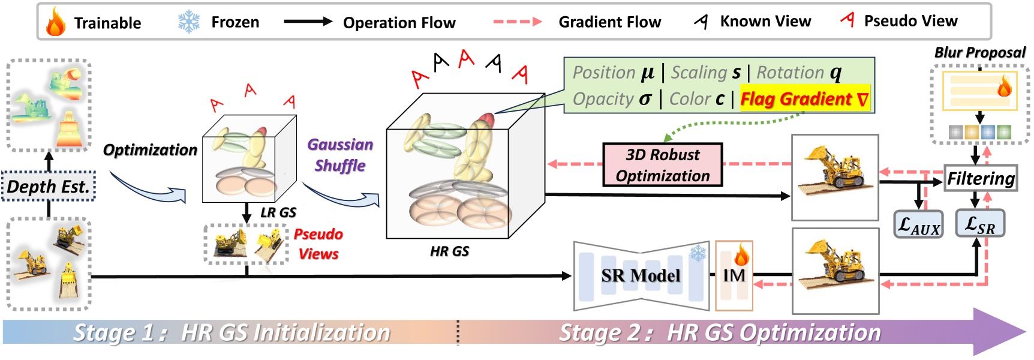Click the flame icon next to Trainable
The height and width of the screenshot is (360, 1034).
click(55, 22)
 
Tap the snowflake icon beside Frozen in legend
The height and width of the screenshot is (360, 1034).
click(189, 22)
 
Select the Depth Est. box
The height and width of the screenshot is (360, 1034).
click(49, 187)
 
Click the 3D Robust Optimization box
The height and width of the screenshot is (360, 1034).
click(662, 165)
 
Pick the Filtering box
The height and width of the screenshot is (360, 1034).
click(981, 178)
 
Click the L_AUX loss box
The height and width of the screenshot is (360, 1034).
click(918, 225)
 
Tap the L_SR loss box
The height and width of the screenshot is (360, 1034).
click(979, 224)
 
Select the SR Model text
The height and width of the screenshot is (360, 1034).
click(640, 275)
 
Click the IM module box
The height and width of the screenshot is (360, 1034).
click(734, 275)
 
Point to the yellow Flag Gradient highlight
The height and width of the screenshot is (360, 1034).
click(804, 99)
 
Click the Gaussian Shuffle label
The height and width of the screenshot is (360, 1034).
click(340, 155)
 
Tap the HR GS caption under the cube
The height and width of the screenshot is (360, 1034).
click(449, 251)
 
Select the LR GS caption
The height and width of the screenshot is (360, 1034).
click(278, 212)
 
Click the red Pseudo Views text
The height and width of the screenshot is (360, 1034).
click(318, 244)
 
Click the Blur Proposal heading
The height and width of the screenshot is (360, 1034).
click(979, 53)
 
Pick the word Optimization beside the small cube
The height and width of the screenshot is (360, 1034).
click(150, 149)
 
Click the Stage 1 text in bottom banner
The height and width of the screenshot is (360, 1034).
click(231, 332)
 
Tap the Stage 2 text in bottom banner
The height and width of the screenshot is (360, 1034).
click(719, 332)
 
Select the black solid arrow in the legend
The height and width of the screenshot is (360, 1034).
click(308, 22)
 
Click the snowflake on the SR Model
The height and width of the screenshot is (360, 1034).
click(698, 254)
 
